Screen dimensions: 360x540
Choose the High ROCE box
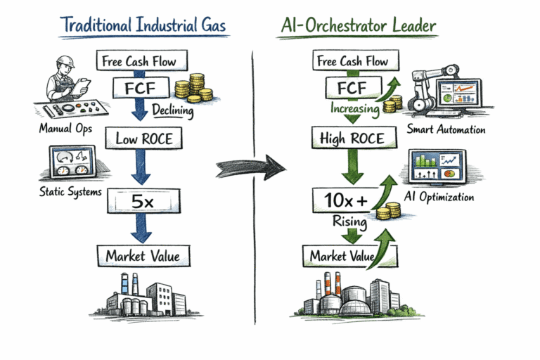click(x=351, y=139)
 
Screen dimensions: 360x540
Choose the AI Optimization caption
click(x=439, y=198)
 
